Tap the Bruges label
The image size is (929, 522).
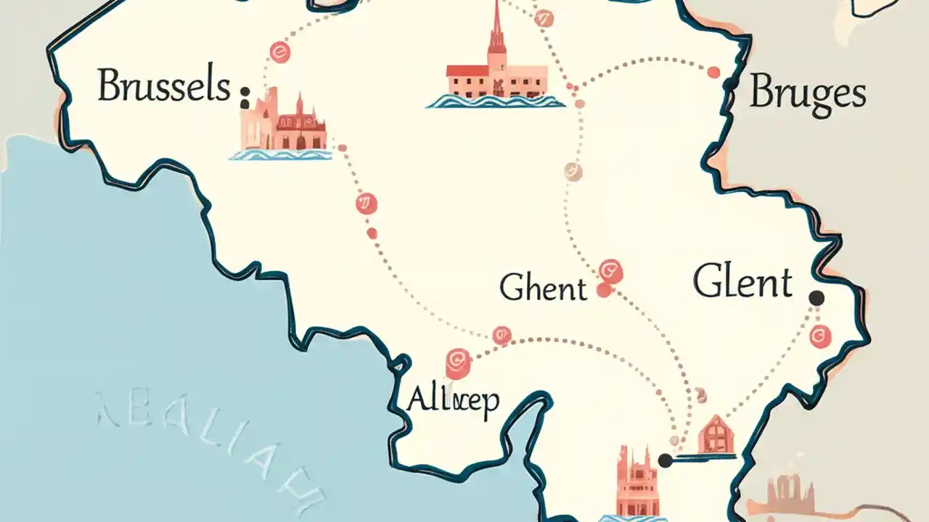tap(807, 94)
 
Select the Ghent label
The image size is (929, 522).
tap(542, 288)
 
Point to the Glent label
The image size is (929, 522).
tap(742, 281)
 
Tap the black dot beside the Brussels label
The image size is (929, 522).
tap(245, 93)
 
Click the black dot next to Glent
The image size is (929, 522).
tap(817, 297)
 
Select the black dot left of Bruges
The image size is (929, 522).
tap(730, 85)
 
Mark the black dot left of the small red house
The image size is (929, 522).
tap(665, 460)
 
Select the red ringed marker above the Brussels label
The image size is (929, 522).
tap(278, 51)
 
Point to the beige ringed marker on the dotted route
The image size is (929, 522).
tap(573, 172)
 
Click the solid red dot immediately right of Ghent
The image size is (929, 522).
tap(602, 290)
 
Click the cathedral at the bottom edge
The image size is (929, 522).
tap(637, 482)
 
